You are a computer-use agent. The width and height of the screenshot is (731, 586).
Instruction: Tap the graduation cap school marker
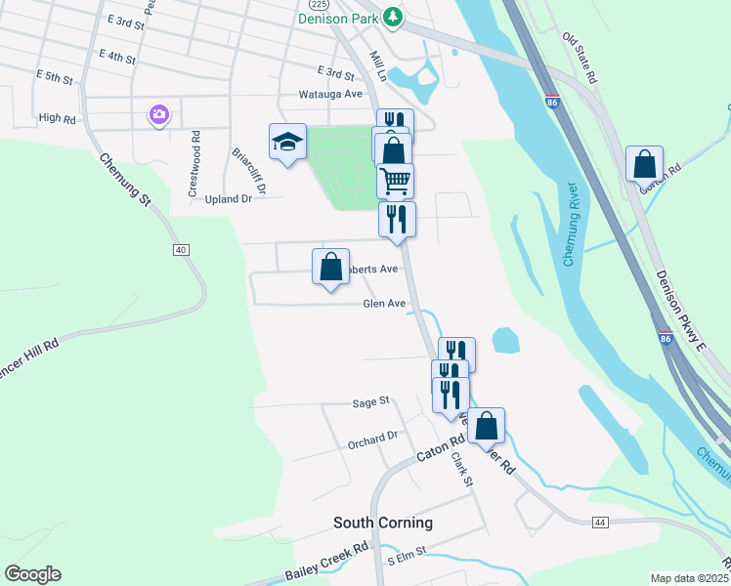(288, 142)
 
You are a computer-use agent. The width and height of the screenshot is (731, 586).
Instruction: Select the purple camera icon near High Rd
(158, 115)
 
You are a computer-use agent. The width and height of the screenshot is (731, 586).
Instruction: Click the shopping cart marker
(395, 181)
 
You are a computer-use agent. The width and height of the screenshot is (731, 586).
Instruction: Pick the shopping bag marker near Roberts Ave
(330, 267)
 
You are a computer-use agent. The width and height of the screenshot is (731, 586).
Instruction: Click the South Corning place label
(383, 523)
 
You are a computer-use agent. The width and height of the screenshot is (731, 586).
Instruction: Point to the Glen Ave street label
(384, 304)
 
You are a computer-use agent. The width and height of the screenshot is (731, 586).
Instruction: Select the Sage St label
(371, 401)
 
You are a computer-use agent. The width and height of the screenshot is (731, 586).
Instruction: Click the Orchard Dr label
(373, 441)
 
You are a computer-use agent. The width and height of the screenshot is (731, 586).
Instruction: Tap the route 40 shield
(181, 250)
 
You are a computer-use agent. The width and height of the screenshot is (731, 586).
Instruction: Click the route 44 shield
(599, 523)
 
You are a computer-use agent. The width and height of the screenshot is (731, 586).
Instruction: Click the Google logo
(32, 574)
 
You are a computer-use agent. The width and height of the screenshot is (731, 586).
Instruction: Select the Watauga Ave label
(330, 95)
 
